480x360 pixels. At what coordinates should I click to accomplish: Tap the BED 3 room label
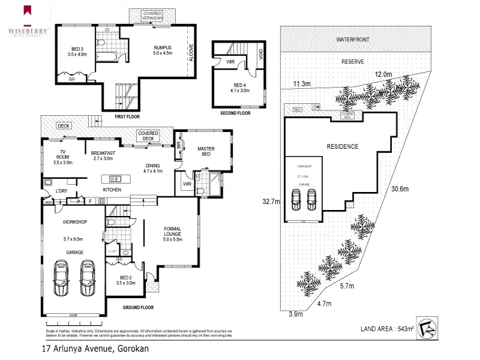point(77,49)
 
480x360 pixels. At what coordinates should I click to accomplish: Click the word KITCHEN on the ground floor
point(112,190)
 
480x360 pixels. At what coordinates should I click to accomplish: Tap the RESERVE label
point(353,62)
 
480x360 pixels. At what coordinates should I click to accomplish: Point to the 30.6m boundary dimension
point(400,189)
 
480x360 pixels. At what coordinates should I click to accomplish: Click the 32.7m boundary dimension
point(271,202)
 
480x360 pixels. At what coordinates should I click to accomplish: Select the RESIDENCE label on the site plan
point(342,146)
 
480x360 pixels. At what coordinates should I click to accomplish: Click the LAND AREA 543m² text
point(387,328)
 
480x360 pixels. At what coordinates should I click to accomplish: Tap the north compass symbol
point(427,328)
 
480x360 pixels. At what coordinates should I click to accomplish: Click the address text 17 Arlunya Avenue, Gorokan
point(95,348)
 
